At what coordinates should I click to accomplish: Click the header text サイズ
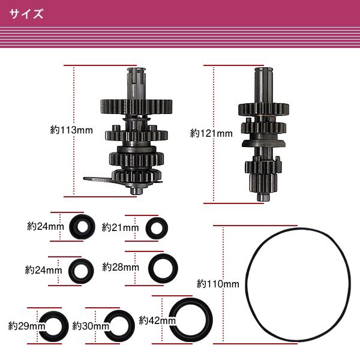(x=26, y=14)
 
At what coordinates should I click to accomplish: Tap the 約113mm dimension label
(x=71, y=130)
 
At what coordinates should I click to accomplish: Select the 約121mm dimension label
(x=211, y=133)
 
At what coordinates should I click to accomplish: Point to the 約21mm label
(x=121, y=227)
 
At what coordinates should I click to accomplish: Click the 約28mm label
(x=121, y=267)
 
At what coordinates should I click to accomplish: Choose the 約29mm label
(x=26, y=326)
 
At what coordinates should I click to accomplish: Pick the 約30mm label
(x=91, y=326)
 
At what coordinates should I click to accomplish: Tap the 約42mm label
(x=157, y=320)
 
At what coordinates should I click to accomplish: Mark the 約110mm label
(x=218, y=284)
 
